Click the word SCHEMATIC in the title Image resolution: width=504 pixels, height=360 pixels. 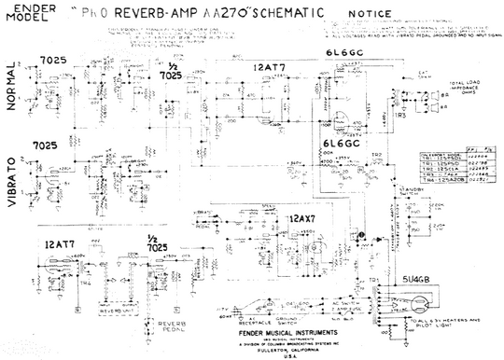(x=280, y=14)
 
